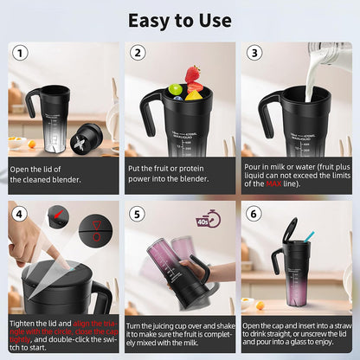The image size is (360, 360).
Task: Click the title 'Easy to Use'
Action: (180, 19)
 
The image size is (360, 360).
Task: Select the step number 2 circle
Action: (138, 55)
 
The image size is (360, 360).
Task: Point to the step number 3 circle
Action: (254, 55)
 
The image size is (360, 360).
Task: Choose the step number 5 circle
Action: (138, 213)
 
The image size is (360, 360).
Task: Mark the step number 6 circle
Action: (254, 213)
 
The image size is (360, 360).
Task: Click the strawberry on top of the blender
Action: (191, 74)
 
